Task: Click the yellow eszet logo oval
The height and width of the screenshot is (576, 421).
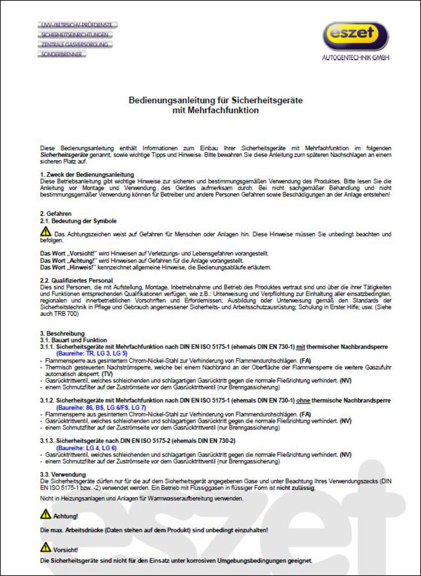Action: point(355,36)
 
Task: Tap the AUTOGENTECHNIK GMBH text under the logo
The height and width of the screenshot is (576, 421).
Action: point(355,58)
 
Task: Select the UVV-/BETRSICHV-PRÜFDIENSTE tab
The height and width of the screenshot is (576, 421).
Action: point(77,25)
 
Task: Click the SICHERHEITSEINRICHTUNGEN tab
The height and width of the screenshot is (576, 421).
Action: point(75,35)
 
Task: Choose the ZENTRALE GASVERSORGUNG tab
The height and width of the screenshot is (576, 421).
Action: point(75,44)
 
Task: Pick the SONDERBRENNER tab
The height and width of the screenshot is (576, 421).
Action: point(62,54)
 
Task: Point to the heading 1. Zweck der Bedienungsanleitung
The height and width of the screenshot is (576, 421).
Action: point(87,175)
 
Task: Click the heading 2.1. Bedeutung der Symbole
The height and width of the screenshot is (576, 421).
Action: point(78,221)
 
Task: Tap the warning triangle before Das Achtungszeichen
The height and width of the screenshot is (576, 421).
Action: point(46,232)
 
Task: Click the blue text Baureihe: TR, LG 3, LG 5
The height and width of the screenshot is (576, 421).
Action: point(92,353)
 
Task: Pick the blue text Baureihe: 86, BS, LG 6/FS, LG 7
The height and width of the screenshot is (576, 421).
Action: point(101,407)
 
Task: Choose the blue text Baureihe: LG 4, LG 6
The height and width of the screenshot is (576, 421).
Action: point(86,448)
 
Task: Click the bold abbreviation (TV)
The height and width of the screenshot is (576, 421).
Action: point(107,374)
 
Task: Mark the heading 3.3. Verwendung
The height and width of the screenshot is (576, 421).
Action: point(63,474)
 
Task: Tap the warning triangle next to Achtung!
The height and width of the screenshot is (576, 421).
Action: point(46,514)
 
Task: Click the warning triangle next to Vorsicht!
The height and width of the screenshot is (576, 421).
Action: point(46,547)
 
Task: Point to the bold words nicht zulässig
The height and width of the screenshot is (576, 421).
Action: point(296,488)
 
